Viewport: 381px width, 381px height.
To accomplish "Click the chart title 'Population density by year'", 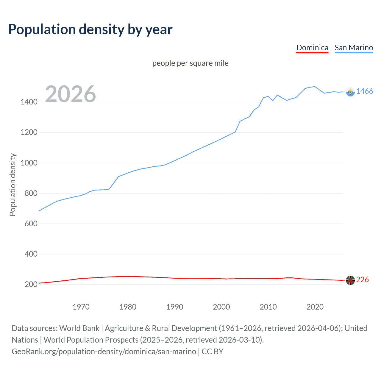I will click(90, 29).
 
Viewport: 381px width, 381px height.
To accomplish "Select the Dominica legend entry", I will click(312, 48).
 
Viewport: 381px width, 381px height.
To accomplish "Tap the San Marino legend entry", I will click(354, 48).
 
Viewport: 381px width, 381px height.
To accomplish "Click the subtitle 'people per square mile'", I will click(190, 63).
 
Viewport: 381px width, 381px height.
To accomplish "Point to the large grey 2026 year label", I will click(71, 94).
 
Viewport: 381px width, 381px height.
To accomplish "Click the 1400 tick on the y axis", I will click(29, 102).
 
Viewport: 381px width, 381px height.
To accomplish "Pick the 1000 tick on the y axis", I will click(29, 163).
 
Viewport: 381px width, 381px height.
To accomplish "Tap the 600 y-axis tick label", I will click(31, 224).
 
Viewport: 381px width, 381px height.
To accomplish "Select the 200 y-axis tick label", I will click(31, 284).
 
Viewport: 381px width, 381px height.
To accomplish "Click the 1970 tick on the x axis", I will click(81, 307).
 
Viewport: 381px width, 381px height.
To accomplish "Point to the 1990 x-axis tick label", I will click(175, 307).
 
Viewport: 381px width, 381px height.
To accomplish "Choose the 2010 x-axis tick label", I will click(268, 307).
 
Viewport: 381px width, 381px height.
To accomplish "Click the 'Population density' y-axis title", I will click(13, 185).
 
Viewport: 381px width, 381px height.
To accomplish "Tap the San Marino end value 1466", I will click(364, 91).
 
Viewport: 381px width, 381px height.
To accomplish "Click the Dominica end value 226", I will click(362, 280).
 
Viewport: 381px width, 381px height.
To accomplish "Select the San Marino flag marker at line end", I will click(350, 92).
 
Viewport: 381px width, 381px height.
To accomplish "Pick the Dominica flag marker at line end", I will click(350, 280).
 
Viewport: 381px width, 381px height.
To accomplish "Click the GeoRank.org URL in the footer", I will click(104, 352).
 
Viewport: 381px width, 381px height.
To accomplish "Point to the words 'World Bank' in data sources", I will click(79, 328).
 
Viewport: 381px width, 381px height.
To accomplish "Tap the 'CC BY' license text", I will click(213, 352).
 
